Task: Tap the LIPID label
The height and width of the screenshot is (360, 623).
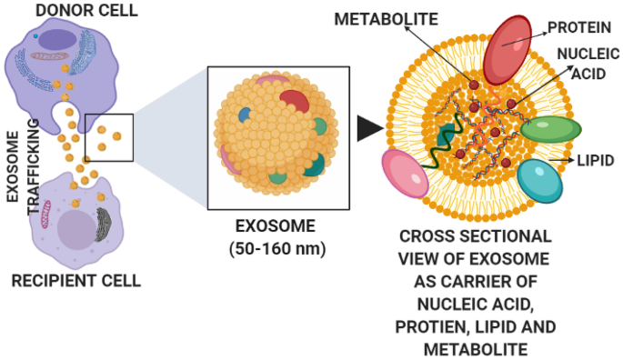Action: click(596, 161)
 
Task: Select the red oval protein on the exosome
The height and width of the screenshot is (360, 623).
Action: click(507, 48)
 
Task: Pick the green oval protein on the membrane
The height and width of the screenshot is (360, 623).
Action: click(551, 129)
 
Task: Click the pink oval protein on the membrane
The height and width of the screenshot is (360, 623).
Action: click(405, 174)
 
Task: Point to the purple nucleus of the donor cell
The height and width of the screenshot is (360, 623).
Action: click(58, 39)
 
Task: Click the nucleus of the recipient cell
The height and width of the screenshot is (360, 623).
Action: click(76, 228)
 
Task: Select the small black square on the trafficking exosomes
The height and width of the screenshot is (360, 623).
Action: click(109, 137)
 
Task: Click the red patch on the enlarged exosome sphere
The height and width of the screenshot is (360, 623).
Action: click(295, 100)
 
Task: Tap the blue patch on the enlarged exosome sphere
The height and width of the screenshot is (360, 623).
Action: click(245, 115)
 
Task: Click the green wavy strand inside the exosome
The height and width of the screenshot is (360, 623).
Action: click(447, 145)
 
